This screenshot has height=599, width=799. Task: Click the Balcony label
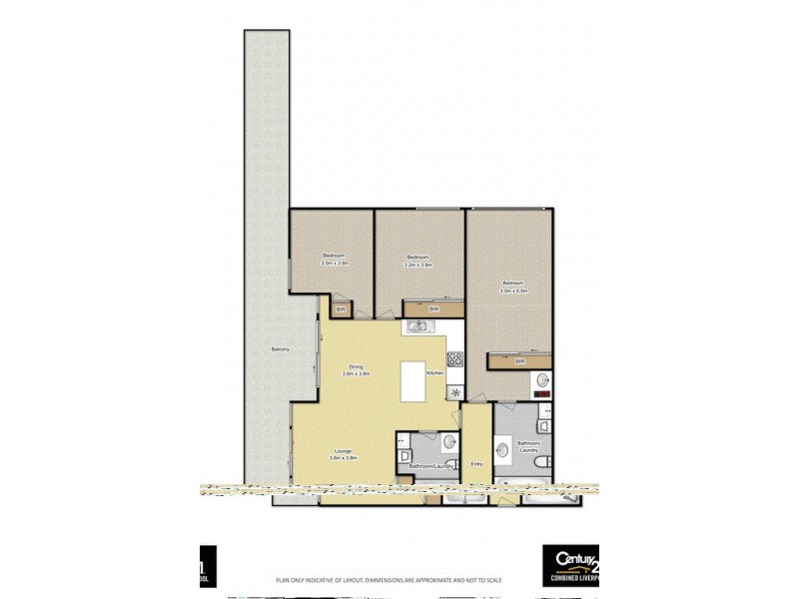[x=281, y=348]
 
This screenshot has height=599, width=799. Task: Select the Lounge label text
[x=343, y=453]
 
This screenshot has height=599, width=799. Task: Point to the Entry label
[x=476, y=462]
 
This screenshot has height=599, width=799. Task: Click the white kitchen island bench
[x=412, y=380]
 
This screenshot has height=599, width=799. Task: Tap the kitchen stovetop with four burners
[x=455, y=359]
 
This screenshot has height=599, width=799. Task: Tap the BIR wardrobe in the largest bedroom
[x=519, y=361]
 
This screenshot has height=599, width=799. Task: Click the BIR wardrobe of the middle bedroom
[x=431, y=309]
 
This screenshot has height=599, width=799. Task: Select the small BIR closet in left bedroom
[x=341, y=309]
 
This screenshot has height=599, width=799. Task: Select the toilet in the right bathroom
[x=540, y=461]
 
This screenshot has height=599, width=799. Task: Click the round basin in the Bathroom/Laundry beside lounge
[x=448, y=442]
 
